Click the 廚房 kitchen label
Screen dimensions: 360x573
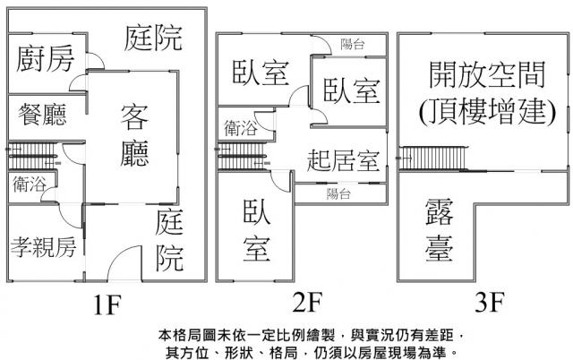[x=46, y=60]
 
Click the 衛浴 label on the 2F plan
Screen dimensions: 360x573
[x=242, y=128]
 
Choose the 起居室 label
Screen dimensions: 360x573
[x=342, y=163]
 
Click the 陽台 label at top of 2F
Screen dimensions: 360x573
[x=352, y=42]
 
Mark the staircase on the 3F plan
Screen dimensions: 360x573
[x=434, y=159]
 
